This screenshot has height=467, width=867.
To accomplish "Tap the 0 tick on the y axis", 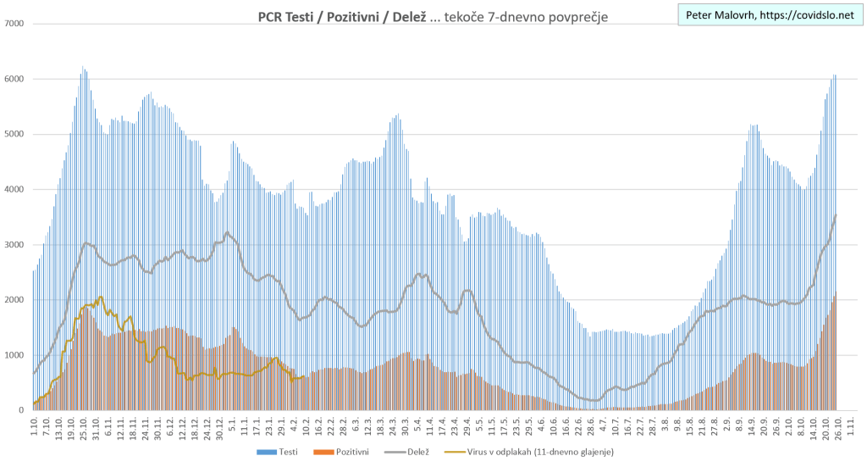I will (x=20, y=411).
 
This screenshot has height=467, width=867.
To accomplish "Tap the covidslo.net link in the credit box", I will (x=807, y=15).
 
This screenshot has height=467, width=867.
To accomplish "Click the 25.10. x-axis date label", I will (x=84, y=427).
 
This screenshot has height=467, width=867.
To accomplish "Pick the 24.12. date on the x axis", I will (x=207, y=427).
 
